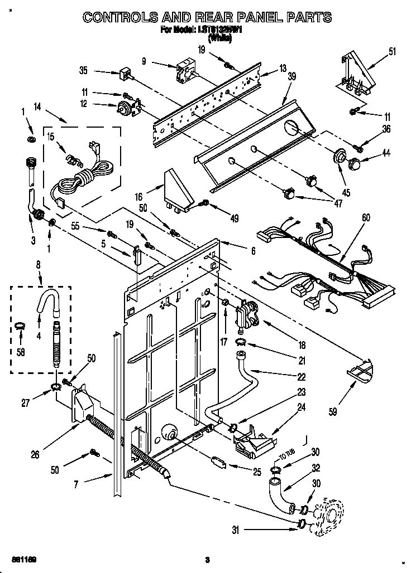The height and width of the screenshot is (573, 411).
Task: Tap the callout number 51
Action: point(392,52)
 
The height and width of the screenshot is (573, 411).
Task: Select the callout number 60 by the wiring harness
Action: point(366,218)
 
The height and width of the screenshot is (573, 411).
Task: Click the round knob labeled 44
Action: point(353,164)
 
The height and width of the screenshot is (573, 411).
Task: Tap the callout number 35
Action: point(84,71)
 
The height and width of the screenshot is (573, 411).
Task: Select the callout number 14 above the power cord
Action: point(38,106)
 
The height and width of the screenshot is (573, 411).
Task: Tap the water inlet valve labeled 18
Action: point(247,316)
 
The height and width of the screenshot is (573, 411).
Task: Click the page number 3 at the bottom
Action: point(207,560)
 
